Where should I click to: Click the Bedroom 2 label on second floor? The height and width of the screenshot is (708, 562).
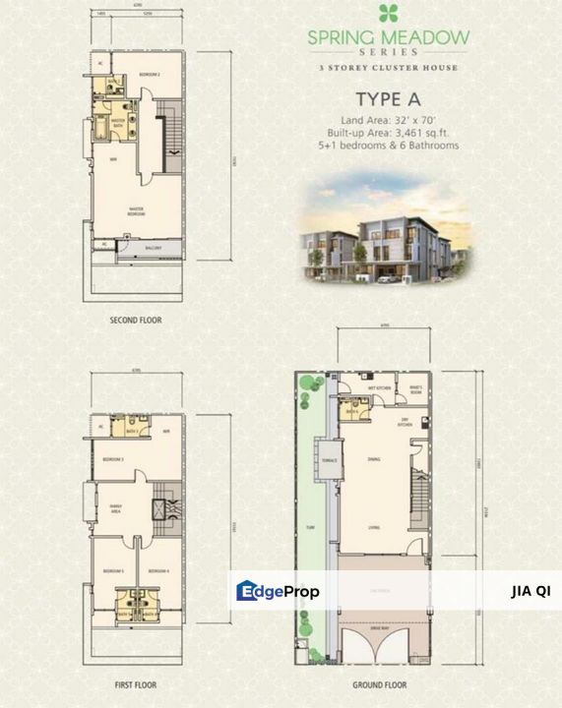click(x=150, y=75)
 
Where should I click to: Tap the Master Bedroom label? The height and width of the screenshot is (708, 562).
click(x=144, y=210)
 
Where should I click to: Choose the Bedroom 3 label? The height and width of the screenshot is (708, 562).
click(x=114, y=459)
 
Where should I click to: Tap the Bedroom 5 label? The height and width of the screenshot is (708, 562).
click(x=114, y=570)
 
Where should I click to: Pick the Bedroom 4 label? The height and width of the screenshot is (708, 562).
click(x=159, y=570)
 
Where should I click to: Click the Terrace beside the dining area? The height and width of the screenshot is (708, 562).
click(x=330, y=461)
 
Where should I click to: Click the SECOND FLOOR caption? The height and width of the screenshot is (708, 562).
click(x=136, y=321)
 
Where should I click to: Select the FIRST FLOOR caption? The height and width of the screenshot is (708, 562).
click(x=136, y=684)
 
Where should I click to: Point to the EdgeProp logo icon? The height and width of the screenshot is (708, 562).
click(x=247, y=590)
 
